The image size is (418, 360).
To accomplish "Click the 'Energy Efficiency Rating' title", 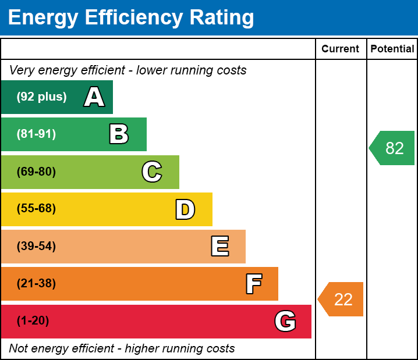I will coord(131,18).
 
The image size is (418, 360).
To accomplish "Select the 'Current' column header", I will coord(341,49).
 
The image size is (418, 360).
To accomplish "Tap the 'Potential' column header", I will coord(392,49).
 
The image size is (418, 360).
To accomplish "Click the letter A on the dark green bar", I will coord(94,97).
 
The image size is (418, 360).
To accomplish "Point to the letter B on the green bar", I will coord(119,134).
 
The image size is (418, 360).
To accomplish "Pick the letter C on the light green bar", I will coord(152,172).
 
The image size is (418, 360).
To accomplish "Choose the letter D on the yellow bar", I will coord(185,209).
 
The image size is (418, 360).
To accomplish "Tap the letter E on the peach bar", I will coord(219,247).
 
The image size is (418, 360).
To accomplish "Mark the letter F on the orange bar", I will coord(253,284).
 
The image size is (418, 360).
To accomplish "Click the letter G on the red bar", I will coord(285,321).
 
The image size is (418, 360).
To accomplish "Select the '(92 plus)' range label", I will coord(41,97).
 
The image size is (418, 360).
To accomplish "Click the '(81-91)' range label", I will coord(36,134).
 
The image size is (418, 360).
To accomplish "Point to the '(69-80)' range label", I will coord(36,172).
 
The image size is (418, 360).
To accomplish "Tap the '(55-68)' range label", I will coord(36,209).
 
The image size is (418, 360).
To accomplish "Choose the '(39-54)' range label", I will coord(36,247).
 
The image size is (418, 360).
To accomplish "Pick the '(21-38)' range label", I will coord(36,284).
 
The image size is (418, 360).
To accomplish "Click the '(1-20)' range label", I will coord(33,321).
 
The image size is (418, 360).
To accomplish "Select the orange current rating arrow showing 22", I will coord(342,300).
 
